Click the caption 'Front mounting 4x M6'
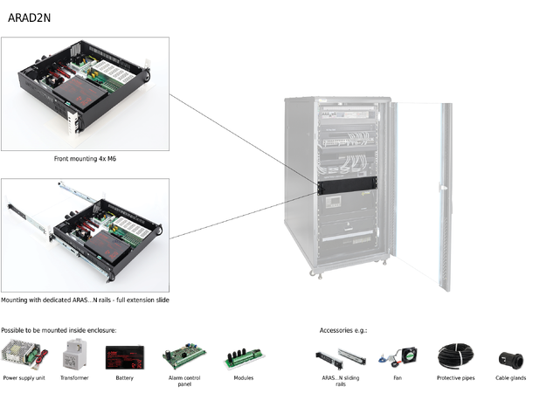85,160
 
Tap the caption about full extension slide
85,300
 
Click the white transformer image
74,355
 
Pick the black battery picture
124,356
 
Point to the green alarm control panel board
184,356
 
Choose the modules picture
243,356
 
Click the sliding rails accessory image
339,356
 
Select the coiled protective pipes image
454,355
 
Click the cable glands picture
509,356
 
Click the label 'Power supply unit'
24,378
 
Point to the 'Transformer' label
74,378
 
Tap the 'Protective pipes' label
454,378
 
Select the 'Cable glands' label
509,378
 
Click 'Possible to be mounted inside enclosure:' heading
59,330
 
